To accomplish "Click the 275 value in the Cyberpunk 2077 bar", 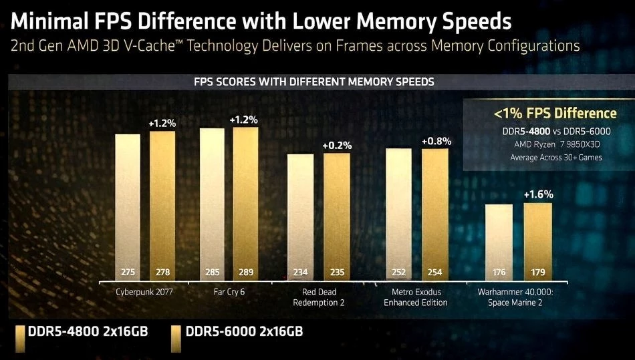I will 128,273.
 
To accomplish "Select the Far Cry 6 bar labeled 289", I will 245,200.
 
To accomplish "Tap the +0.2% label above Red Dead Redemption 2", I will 337,146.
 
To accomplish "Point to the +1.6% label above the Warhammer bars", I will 538,194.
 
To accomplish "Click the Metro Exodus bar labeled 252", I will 399,214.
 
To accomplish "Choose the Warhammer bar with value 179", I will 538,240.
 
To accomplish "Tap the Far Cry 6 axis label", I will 229,293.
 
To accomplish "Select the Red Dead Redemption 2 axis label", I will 319,297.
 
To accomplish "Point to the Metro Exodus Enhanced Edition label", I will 416,297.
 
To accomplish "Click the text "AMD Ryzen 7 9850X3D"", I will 546,144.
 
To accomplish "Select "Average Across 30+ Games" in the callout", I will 546,158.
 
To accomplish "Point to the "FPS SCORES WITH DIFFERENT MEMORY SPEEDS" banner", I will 314,82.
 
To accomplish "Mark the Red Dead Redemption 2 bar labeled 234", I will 299,214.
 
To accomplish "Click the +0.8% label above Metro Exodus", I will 436,141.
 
